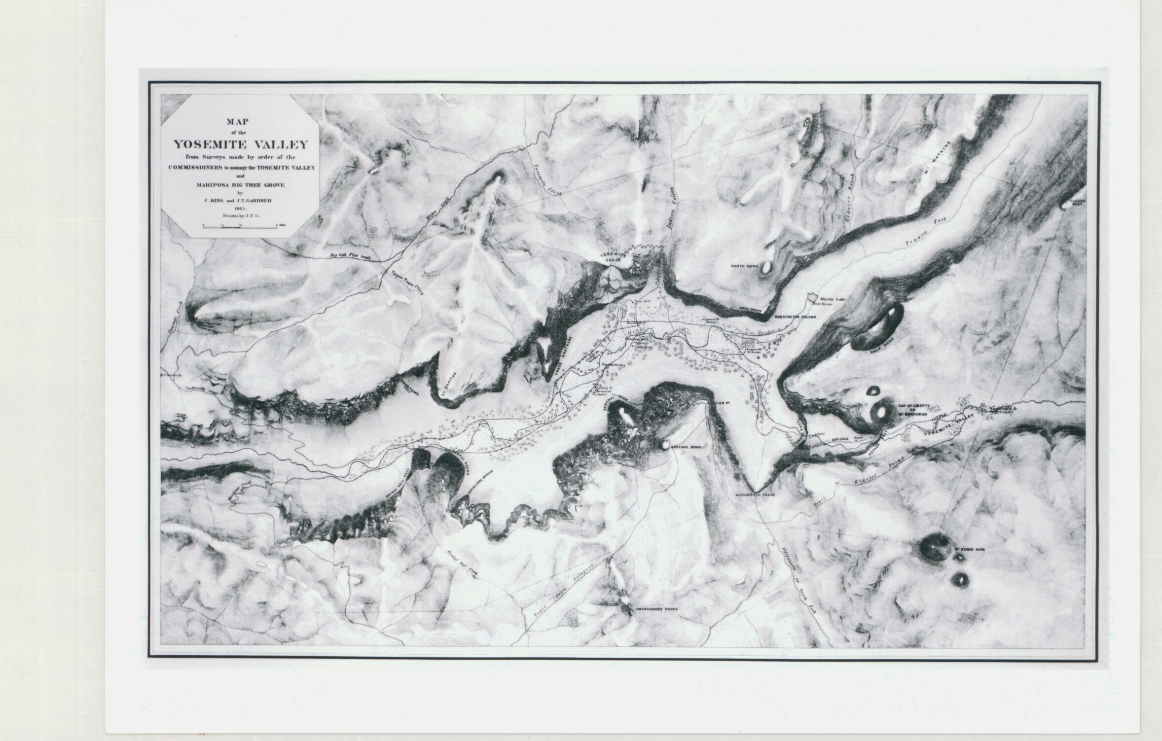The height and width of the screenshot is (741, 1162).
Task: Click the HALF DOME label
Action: (x=881, y=349)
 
